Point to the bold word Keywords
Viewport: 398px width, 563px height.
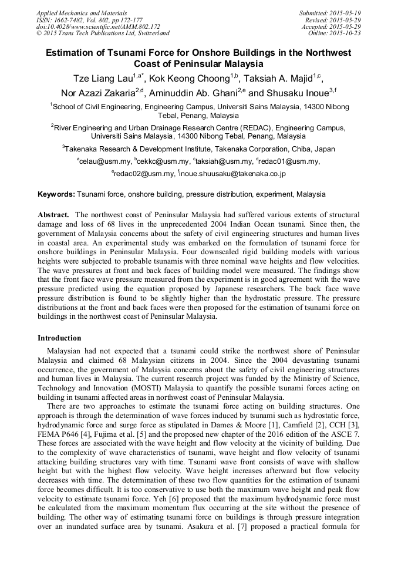click(56, 194)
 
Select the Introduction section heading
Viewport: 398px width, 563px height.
click(59, 338)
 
